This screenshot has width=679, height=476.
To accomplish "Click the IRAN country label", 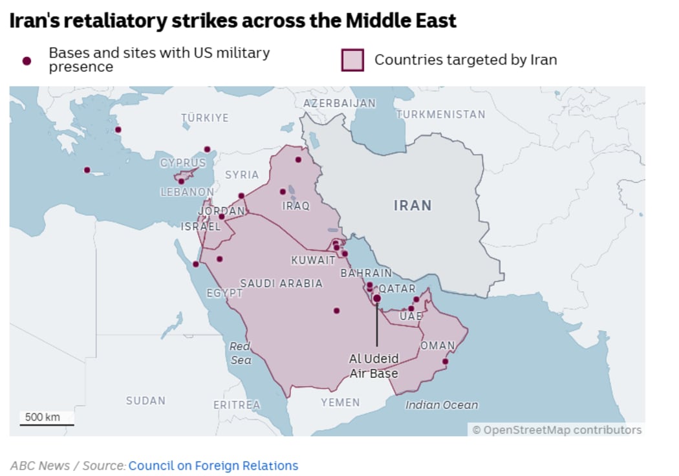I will coord(413,206).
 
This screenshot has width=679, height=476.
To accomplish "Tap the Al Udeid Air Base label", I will coord(374,366).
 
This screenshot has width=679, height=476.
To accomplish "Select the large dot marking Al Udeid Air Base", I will coord(377,298).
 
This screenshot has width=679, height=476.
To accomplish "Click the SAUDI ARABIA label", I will coord(281,283).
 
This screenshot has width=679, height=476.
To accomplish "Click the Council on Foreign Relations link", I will coord(213,466).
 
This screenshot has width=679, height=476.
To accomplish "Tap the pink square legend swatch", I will coord(352,60).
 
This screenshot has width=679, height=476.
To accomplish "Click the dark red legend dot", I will coord(27,61).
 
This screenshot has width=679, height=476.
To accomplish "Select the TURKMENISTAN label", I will coord(440,114).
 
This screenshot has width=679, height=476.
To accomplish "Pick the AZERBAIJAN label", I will coord(339,103).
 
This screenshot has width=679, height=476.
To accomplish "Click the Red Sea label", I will coord(240,353).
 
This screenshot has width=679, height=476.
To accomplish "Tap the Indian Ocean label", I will coord(442,405).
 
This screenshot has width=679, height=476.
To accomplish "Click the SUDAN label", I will coord(145,401).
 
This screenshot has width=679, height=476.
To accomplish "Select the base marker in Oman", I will coord(445,362).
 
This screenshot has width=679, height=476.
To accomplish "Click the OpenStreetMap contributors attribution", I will coord(557,430).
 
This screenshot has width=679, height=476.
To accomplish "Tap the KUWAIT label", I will coord(313,261).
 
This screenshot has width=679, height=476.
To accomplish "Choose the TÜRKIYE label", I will coord(204,118).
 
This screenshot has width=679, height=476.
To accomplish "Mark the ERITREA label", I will coord(237,405).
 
